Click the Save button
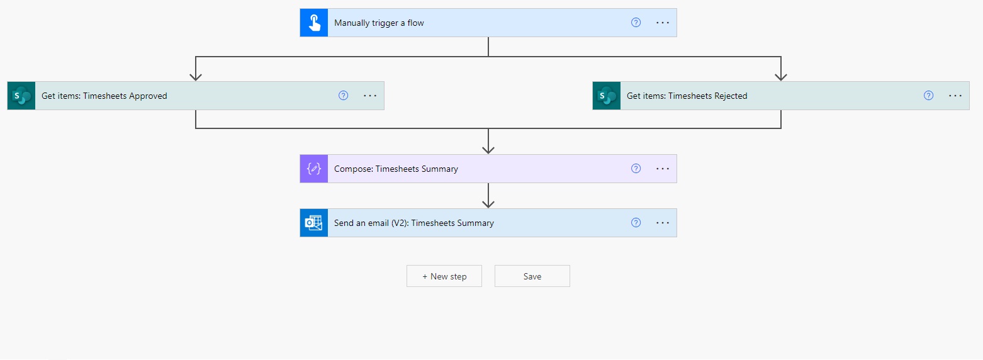pyautogui.click(x=532, y=276)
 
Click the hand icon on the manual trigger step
pyautogui.click(x=314, y=23)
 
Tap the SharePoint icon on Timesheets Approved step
pyautogui.click(x=21, y=96)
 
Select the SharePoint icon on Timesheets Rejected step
pyautogui.click(x=607, y=96)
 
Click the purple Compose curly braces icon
pyautogui.click(x=314, y=169)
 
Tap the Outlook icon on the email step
pyautogui.click(x=314, y=223)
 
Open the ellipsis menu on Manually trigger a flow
pyautogui.click(x=663, y=23)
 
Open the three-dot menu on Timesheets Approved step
pyautogui.click(x=370, y=96)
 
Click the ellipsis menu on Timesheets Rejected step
pyautogui.click(x=955, y=96)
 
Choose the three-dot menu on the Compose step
pyautogui.click(x=663, y=169)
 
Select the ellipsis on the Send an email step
pyautogui.click(x=663, y=223)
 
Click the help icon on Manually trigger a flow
pyautogui.click(x=636, y=23)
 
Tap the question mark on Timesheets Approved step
pyautogui.click(x=343, y=96)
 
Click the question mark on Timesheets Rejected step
pyautogui.click(x=928, y=96)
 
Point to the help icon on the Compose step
pyautogui.click(x=636, y=169)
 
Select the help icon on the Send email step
pyautogui.click(x=636, y=223)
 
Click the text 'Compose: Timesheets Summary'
pyautogui.click(x=396, y=169)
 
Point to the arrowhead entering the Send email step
pyautogui.click(x=488, y=203)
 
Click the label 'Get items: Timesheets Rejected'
pyautogui.click(x=687, y=96)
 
